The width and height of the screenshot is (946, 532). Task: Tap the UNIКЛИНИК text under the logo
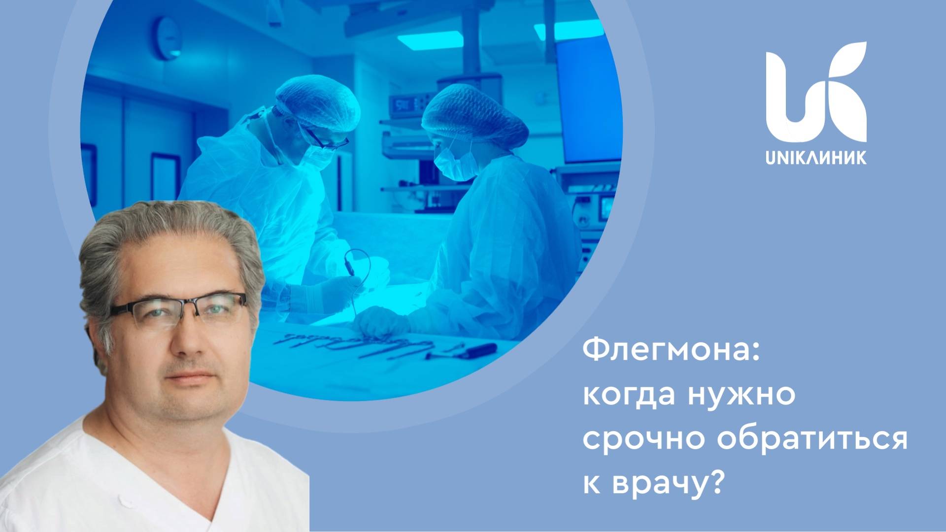(816, 158)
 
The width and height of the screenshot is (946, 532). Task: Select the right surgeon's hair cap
(474, 116)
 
